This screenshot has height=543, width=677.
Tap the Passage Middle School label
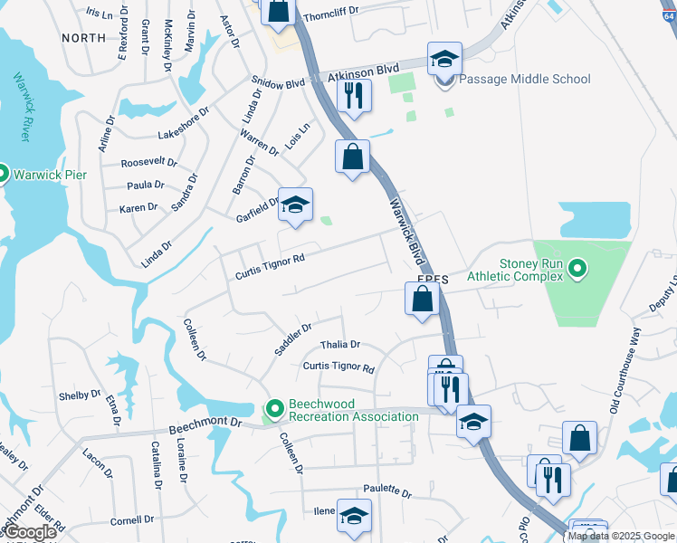point(525,80)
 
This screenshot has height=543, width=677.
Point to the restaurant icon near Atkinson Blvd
point(354,95)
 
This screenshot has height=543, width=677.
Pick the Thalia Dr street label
point(340,345)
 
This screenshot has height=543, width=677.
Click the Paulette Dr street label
point(386,491)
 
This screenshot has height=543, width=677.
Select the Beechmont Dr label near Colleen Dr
point(206,423)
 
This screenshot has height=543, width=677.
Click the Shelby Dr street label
point(80,395)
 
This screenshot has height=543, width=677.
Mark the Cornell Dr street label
point(132,520)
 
